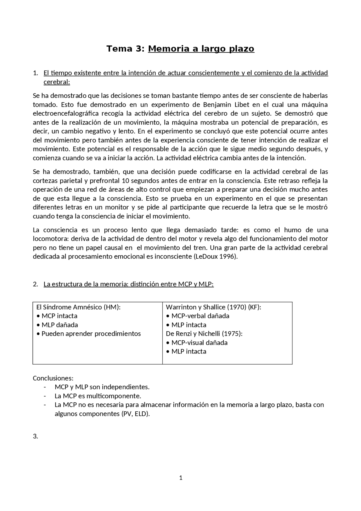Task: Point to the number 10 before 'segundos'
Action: tap(126, 181)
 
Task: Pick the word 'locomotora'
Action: tap(50, 239)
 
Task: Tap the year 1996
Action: tap(228, 256)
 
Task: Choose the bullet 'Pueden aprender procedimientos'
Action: tap(91, 334)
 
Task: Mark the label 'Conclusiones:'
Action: tap(53, 378)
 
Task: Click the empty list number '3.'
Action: tap(35, 436)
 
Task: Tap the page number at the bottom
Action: tap(181, 478)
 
